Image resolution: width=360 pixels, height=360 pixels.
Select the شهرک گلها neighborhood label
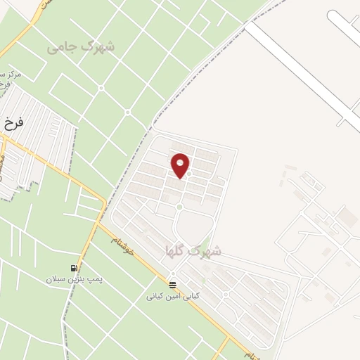193,250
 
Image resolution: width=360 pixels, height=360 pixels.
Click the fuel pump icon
74,268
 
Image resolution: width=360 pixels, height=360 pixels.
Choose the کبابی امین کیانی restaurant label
173,296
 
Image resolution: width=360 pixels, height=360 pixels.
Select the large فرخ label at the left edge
13,122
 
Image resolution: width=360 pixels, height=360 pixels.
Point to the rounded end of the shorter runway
333,16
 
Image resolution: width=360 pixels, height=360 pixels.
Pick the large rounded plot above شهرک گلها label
194,228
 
